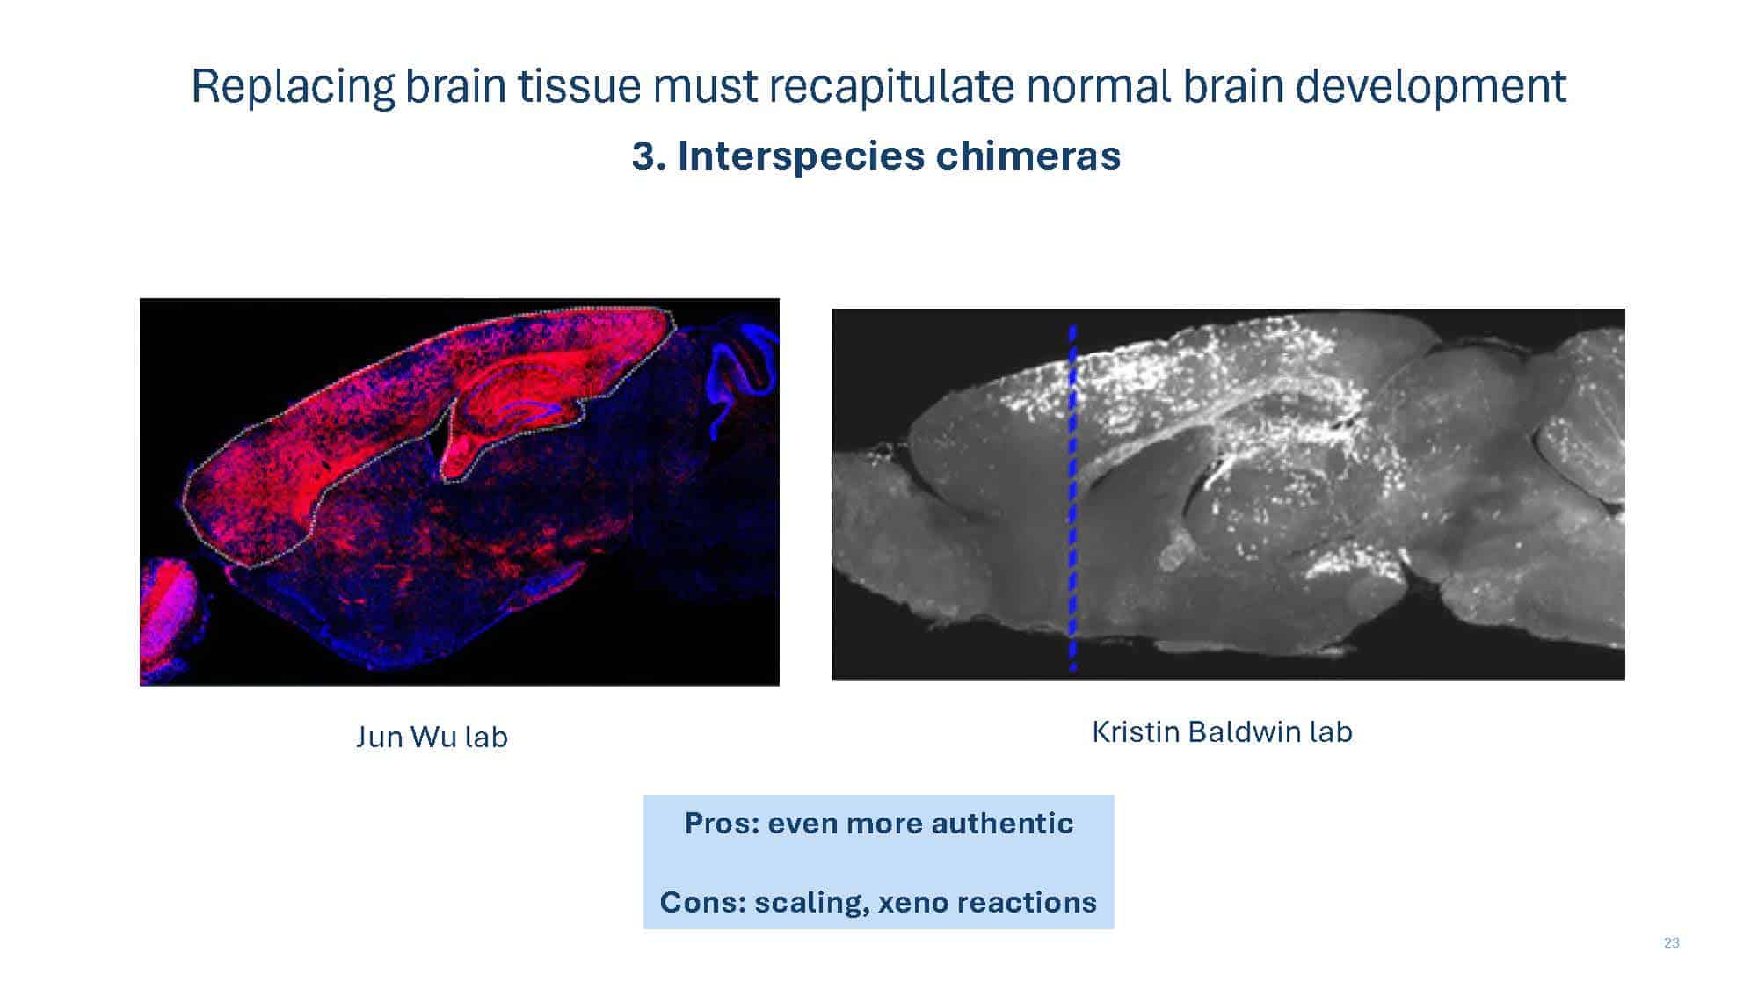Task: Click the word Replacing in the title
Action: (x=293, y=87)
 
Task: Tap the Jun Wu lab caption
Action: (x=432, y=737)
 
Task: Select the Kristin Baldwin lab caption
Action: (x=1222, y=731)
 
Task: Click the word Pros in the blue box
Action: (x=721, y=824)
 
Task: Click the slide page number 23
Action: (x=1672, y=943)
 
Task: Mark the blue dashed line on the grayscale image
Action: (x=1072, y=498)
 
